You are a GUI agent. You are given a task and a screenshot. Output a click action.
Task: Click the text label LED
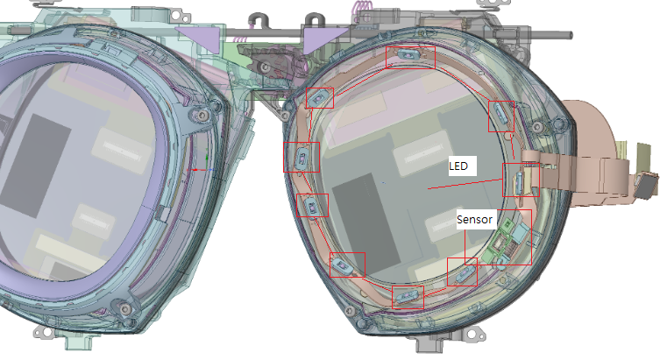click(458, 166)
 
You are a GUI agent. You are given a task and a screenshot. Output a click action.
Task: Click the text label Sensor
click(474, 219)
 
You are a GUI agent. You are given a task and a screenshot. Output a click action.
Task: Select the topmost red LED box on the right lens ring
click(410, 58)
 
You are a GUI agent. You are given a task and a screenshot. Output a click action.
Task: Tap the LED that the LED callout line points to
click(521, 180)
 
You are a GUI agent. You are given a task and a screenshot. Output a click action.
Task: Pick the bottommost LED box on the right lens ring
click(408, 297)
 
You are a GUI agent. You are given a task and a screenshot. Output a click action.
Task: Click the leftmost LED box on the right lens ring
click(302, 157)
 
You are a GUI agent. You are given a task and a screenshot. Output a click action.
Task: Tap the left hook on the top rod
click(258, 20)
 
